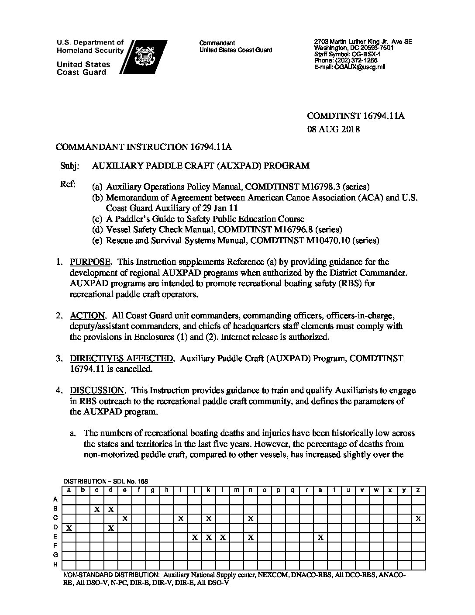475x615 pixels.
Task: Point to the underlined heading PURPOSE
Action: (x=89, y=262)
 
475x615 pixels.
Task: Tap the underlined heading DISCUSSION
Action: (x=97, y=390)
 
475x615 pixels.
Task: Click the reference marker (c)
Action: (x=97, y=219)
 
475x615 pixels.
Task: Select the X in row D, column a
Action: (x=69, y=528)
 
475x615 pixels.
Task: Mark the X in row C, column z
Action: (x=418, y=518)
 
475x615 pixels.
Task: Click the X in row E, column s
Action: (x=320, y=537)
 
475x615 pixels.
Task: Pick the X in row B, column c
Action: (x=97, y=509)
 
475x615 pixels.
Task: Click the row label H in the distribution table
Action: (x=55, y=564)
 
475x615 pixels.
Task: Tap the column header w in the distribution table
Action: (x=376, y=490)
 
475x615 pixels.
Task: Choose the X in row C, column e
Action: (x=125, y=518)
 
